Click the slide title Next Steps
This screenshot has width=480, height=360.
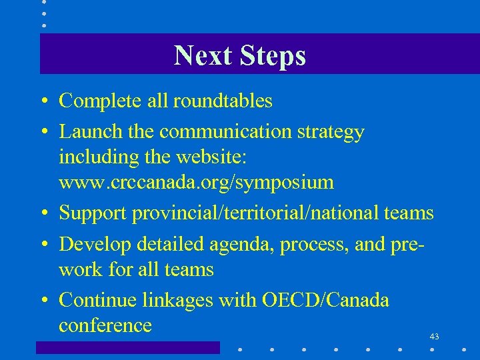coord(239,55)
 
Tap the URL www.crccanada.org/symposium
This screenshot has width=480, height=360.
coord(196,182)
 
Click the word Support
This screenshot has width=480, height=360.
coord(93,213)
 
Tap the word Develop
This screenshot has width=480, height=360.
coord(95,245)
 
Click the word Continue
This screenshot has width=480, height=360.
coord(98,301)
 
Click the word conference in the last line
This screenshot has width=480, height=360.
coord(105,326)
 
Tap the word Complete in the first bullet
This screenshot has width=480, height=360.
coord(97,101)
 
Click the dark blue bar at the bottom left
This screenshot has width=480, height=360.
coord(127,347)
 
